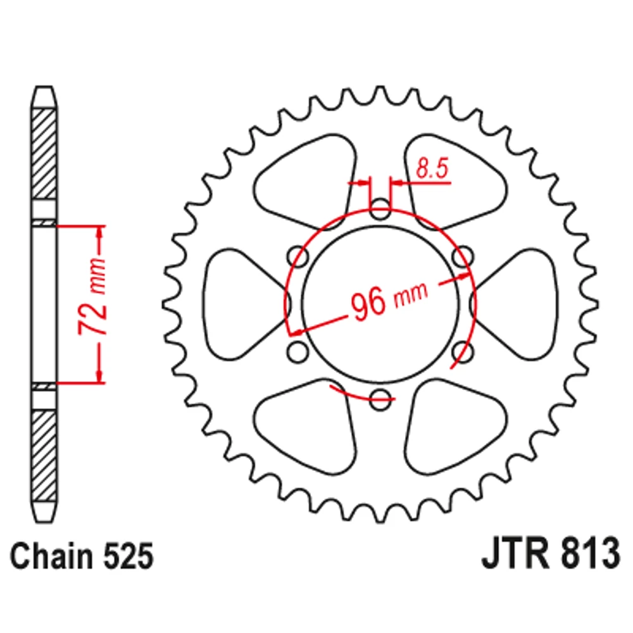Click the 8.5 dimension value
click(x=432, y=168)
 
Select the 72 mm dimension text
click(x=92, y=297)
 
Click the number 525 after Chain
click(x=128, y=556)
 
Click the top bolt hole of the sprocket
click(x=380, y=209)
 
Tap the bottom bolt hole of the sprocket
click(x=380, y=399)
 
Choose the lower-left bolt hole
click(x=298, y=351)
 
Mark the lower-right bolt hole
click(x=463, y=351)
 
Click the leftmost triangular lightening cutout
click(x=242, y=304)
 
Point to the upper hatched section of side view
click(x=44, y=154)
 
